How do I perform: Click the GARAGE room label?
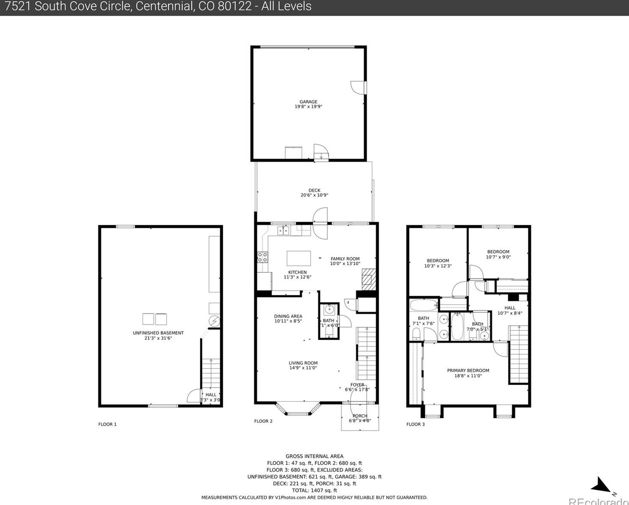(x=308, y=102)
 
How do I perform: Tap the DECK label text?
(x=314, y=190)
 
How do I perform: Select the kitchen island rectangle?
(x=299, y=258)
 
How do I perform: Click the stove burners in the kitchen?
(x=262, y=257)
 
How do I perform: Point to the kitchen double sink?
(x=283, y=231)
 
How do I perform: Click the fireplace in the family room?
(x=368, y=279)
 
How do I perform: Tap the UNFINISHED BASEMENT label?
(x=158, y=333)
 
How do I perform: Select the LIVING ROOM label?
(x=303, y=363)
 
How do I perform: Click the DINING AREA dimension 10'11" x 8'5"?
(x=288, y=321)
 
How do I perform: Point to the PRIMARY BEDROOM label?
(x=468, y=371)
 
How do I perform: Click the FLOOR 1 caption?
(x=107, y=424)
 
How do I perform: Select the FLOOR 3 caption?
(x=415, y=424)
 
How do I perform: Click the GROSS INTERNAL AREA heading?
(x=314, y=456)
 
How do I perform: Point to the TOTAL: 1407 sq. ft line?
(x=314, y=490)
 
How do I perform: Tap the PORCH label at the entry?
(x=360, y=416)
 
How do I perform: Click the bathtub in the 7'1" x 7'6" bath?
(x=424, y=305)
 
